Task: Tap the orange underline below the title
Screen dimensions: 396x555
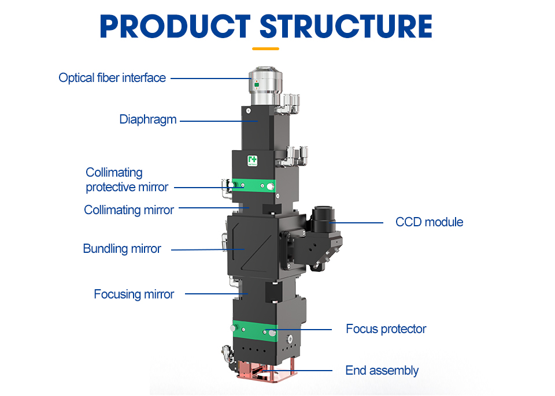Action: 266,48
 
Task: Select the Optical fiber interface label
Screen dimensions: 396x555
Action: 112,77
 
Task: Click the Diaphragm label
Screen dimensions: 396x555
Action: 148,119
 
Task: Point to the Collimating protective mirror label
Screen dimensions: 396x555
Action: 127,180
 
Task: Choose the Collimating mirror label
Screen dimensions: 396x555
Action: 129,210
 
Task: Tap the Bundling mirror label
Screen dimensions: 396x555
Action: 122,249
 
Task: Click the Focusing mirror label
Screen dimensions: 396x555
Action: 134,294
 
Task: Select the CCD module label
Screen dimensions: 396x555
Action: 429,222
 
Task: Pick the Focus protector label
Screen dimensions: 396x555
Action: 386,329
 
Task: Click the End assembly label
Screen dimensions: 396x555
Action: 382,371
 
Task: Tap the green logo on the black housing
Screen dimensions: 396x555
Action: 251,160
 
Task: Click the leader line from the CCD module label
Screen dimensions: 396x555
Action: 358,222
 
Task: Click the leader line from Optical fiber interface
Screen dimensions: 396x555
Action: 208,78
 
